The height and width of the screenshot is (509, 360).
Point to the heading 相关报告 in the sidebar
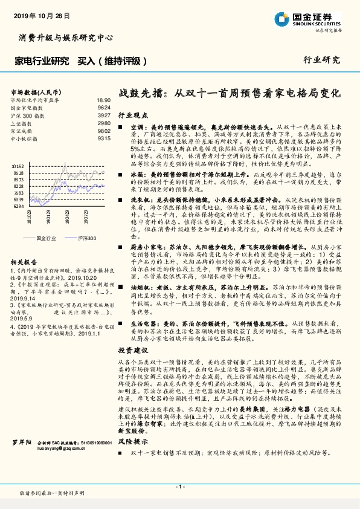coord(25,262)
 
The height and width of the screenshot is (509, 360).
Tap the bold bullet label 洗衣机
coord(140,199)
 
